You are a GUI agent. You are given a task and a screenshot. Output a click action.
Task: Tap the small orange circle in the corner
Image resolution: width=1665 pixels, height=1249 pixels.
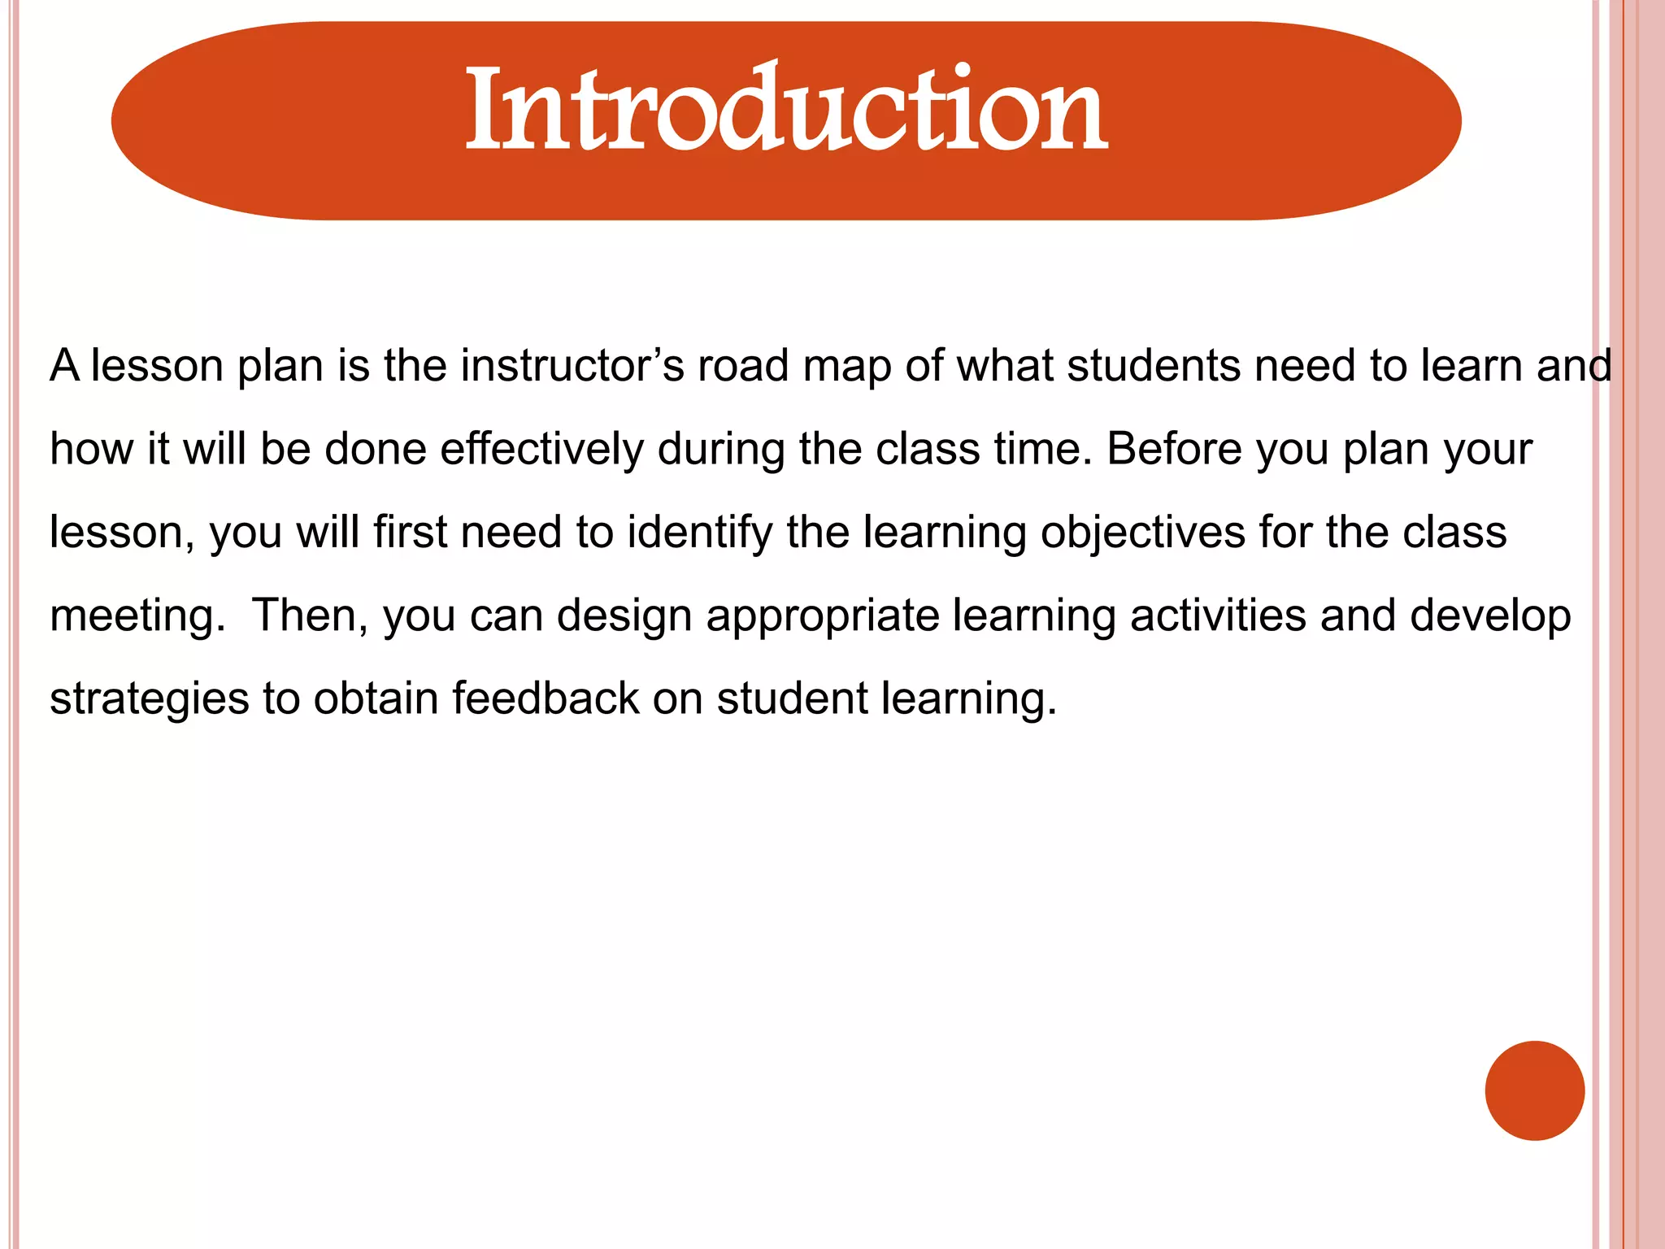click(x=1534, y=1090)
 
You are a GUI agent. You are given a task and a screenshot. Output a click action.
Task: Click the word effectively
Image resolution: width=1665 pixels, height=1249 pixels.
click(x=541, y=449)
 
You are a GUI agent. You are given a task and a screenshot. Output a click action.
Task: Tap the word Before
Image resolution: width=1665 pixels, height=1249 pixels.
click(x=1174, y=449)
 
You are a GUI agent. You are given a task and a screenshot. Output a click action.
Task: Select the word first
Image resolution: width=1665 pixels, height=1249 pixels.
click(x=411, y=533)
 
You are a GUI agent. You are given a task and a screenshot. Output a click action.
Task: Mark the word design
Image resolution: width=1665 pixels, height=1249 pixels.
click(x=624, y=617)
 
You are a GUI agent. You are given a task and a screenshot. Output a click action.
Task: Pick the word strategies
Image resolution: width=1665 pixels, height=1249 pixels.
click(x=149, y=699)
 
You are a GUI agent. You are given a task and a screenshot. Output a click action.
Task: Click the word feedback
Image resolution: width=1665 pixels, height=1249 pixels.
click(x=546, y=699)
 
